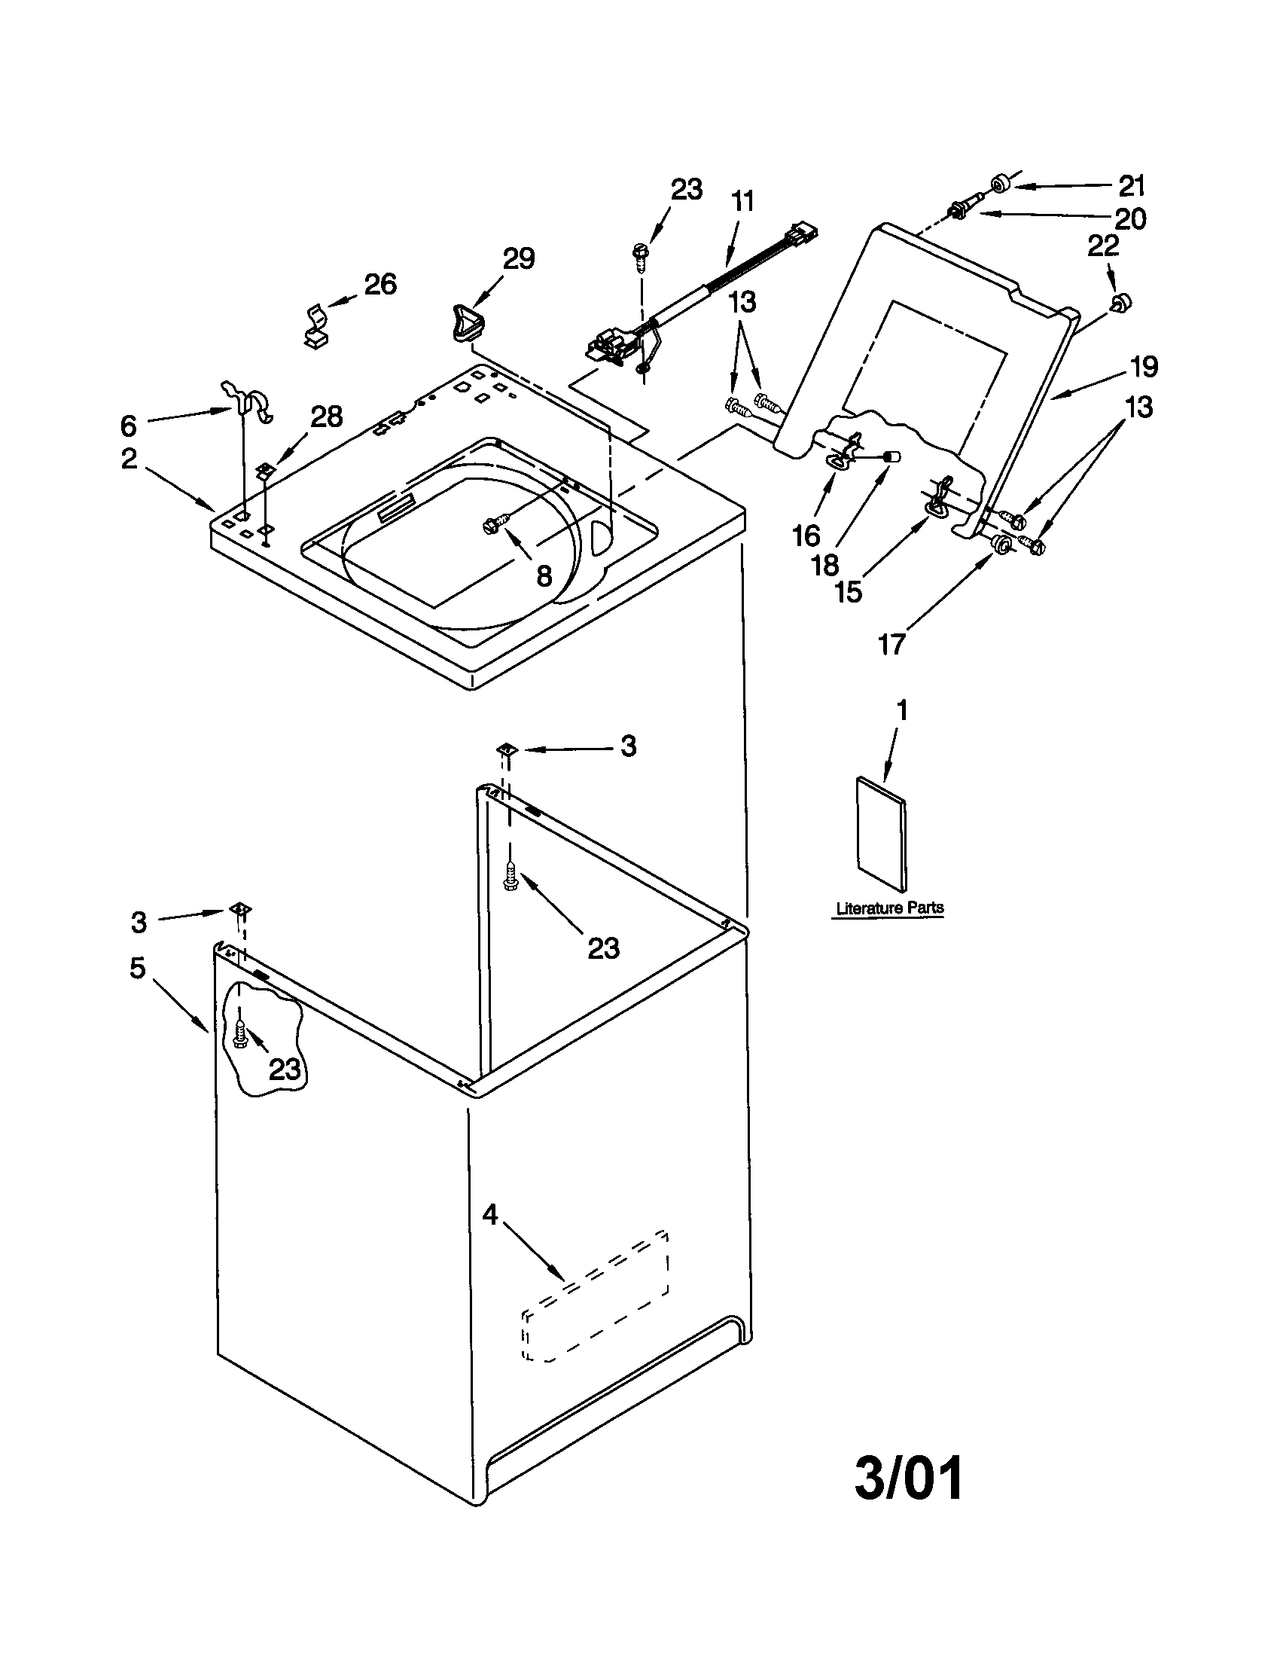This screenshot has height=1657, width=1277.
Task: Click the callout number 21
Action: (1132, 186)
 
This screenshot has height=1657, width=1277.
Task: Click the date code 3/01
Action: (909, 1478)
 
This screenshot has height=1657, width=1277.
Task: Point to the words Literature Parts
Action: (889, 908)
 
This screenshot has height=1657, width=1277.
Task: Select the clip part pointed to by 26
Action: (317, 325)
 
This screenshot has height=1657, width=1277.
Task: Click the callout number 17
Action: (891, 645)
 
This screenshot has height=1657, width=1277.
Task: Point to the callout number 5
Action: (137, 967)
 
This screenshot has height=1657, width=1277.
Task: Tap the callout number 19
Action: (1144, 368)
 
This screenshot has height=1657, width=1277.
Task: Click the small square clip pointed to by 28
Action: (264, 471)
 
